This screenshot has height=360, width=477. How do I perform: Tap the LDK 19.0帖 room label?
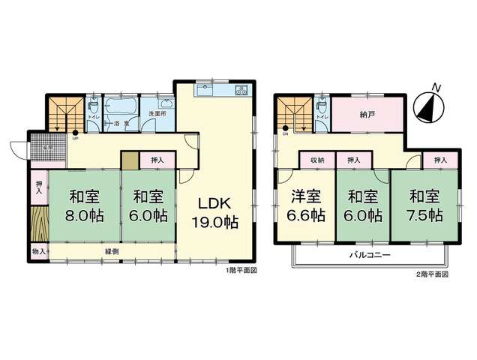[x=218, y=212]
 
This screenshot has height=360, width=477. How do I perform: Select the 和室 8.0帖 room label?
[x=85, y=206]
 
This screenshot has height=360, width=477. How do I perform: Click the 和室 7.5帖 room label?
[x=425, y=206]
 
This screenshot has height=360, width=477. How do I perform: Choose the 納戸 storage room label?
[x=367, y=115]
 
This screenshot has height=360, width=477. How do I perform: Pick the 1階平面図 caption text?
[x=241, y=271]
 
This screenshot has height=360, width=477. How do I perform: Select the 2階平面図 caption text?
[x=433, y=274]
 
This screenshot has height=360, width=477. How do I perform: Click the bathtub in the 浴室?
[x=121, y=107]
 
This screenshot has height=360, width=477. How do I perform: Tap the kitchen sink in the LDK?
[x=205, y=91]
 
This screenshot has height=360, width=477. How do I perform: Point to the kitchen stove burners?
[x=241, y=91]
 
